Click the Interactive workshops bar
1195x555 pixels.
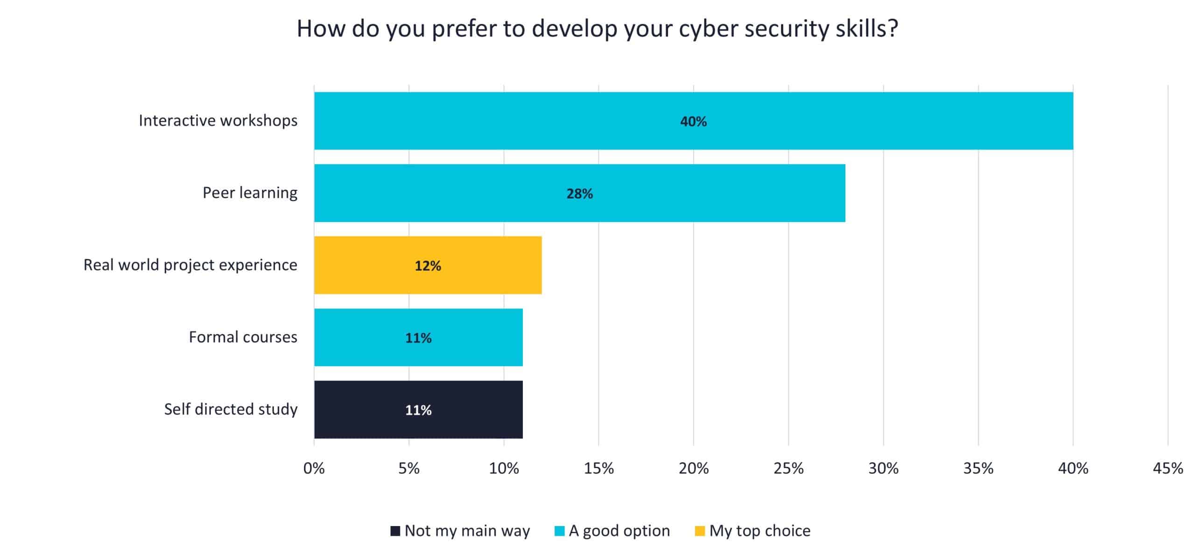coord(693,121)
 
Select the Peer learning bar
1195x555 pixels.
coord(579,193)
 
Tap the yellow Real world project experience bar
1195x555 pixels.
coord(428,265)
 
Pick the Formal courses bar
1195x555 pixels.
coord(418,337)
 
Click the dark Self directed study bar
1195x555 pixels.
coord(418,409)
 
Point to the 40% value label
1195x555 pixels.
coord(693,122)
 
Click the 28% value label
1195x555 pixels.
coord(579,194)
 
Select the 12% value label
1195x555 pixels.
coord(428,266)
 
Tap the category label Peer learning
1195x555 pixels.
coord(250,193)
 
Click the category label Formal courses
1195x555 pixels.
coord(243,337)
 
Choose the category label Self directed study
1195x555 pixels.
coord(231,409)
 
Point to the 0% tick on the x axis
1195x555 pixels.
coord(314,468)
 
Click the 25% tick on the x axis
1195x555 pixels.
coord(788,468)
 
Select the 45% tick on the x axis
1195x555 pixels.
coord(1168,468)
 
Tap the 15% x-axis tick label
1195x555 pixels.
coord(598,468)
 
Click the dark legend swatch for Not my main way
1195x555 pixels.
coord(395,531)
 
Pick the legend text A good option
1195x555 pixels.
coord(619,531)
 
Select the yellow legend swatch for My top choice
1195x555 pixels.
coord(699,531)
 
